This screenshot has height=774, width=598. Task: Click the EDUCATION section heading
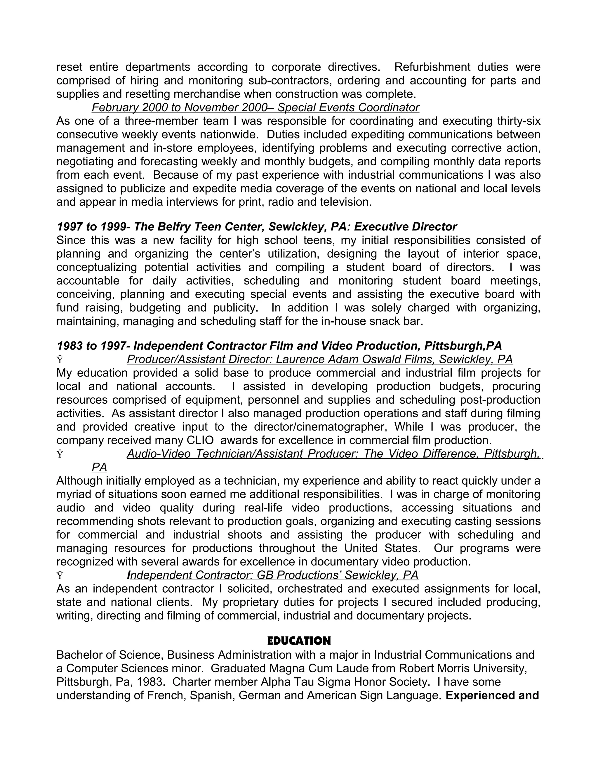(299, 641)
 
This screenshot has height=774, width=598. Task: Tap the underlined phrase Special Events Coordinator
(348, 107)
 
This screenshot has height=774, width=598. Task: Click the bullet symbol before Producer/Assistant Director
(60, 360)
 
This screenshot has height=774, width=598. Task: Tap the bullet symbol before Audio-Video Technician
(60, 454)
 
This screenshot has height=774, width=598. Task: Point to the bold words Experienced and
(492, 695)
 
